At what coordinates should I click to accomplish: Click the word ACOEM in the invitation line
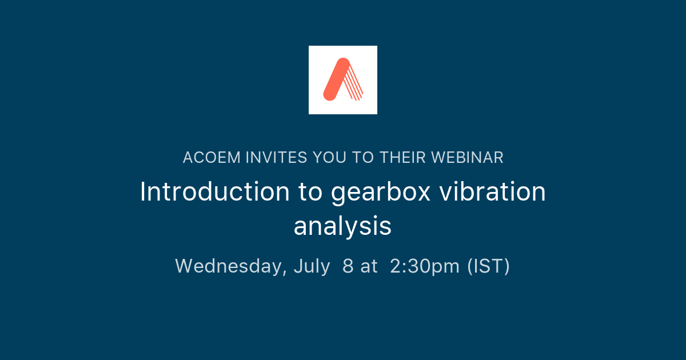tap(212, 158)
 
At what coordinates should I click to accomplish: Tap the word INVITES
tap(276, 158)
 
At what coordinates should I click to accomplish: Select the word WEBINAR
tap(468, 158)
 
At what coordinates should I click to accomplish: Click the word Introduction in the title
tap(215, 191)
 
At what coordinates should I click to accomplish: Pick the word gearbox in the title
tap(381, 194)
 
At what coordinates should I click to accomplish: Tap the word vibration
tap(492, 191)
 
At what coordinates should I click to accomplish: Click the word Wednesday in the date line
tap(231, 266)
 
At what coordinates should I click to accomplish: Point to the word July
tap(312, 267)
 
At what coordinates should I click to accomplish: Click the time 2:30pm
tap(425, 267)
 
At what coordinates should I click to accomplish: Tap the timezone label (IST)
tap(488, 266)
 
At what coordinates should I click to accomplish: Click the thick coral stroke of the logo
tap(337, 79)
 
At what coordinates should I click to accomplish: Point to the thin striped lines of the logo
tap(354, 83)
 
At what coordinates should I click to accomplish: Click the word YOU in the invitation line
tap(329, 158)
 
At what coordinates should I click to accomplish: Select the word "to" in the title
tap(310, 192)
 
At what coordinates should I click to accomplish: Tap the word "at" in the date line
tap(369, 266)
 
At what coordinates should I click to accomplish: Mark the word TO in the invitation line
tap(363, 158)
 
